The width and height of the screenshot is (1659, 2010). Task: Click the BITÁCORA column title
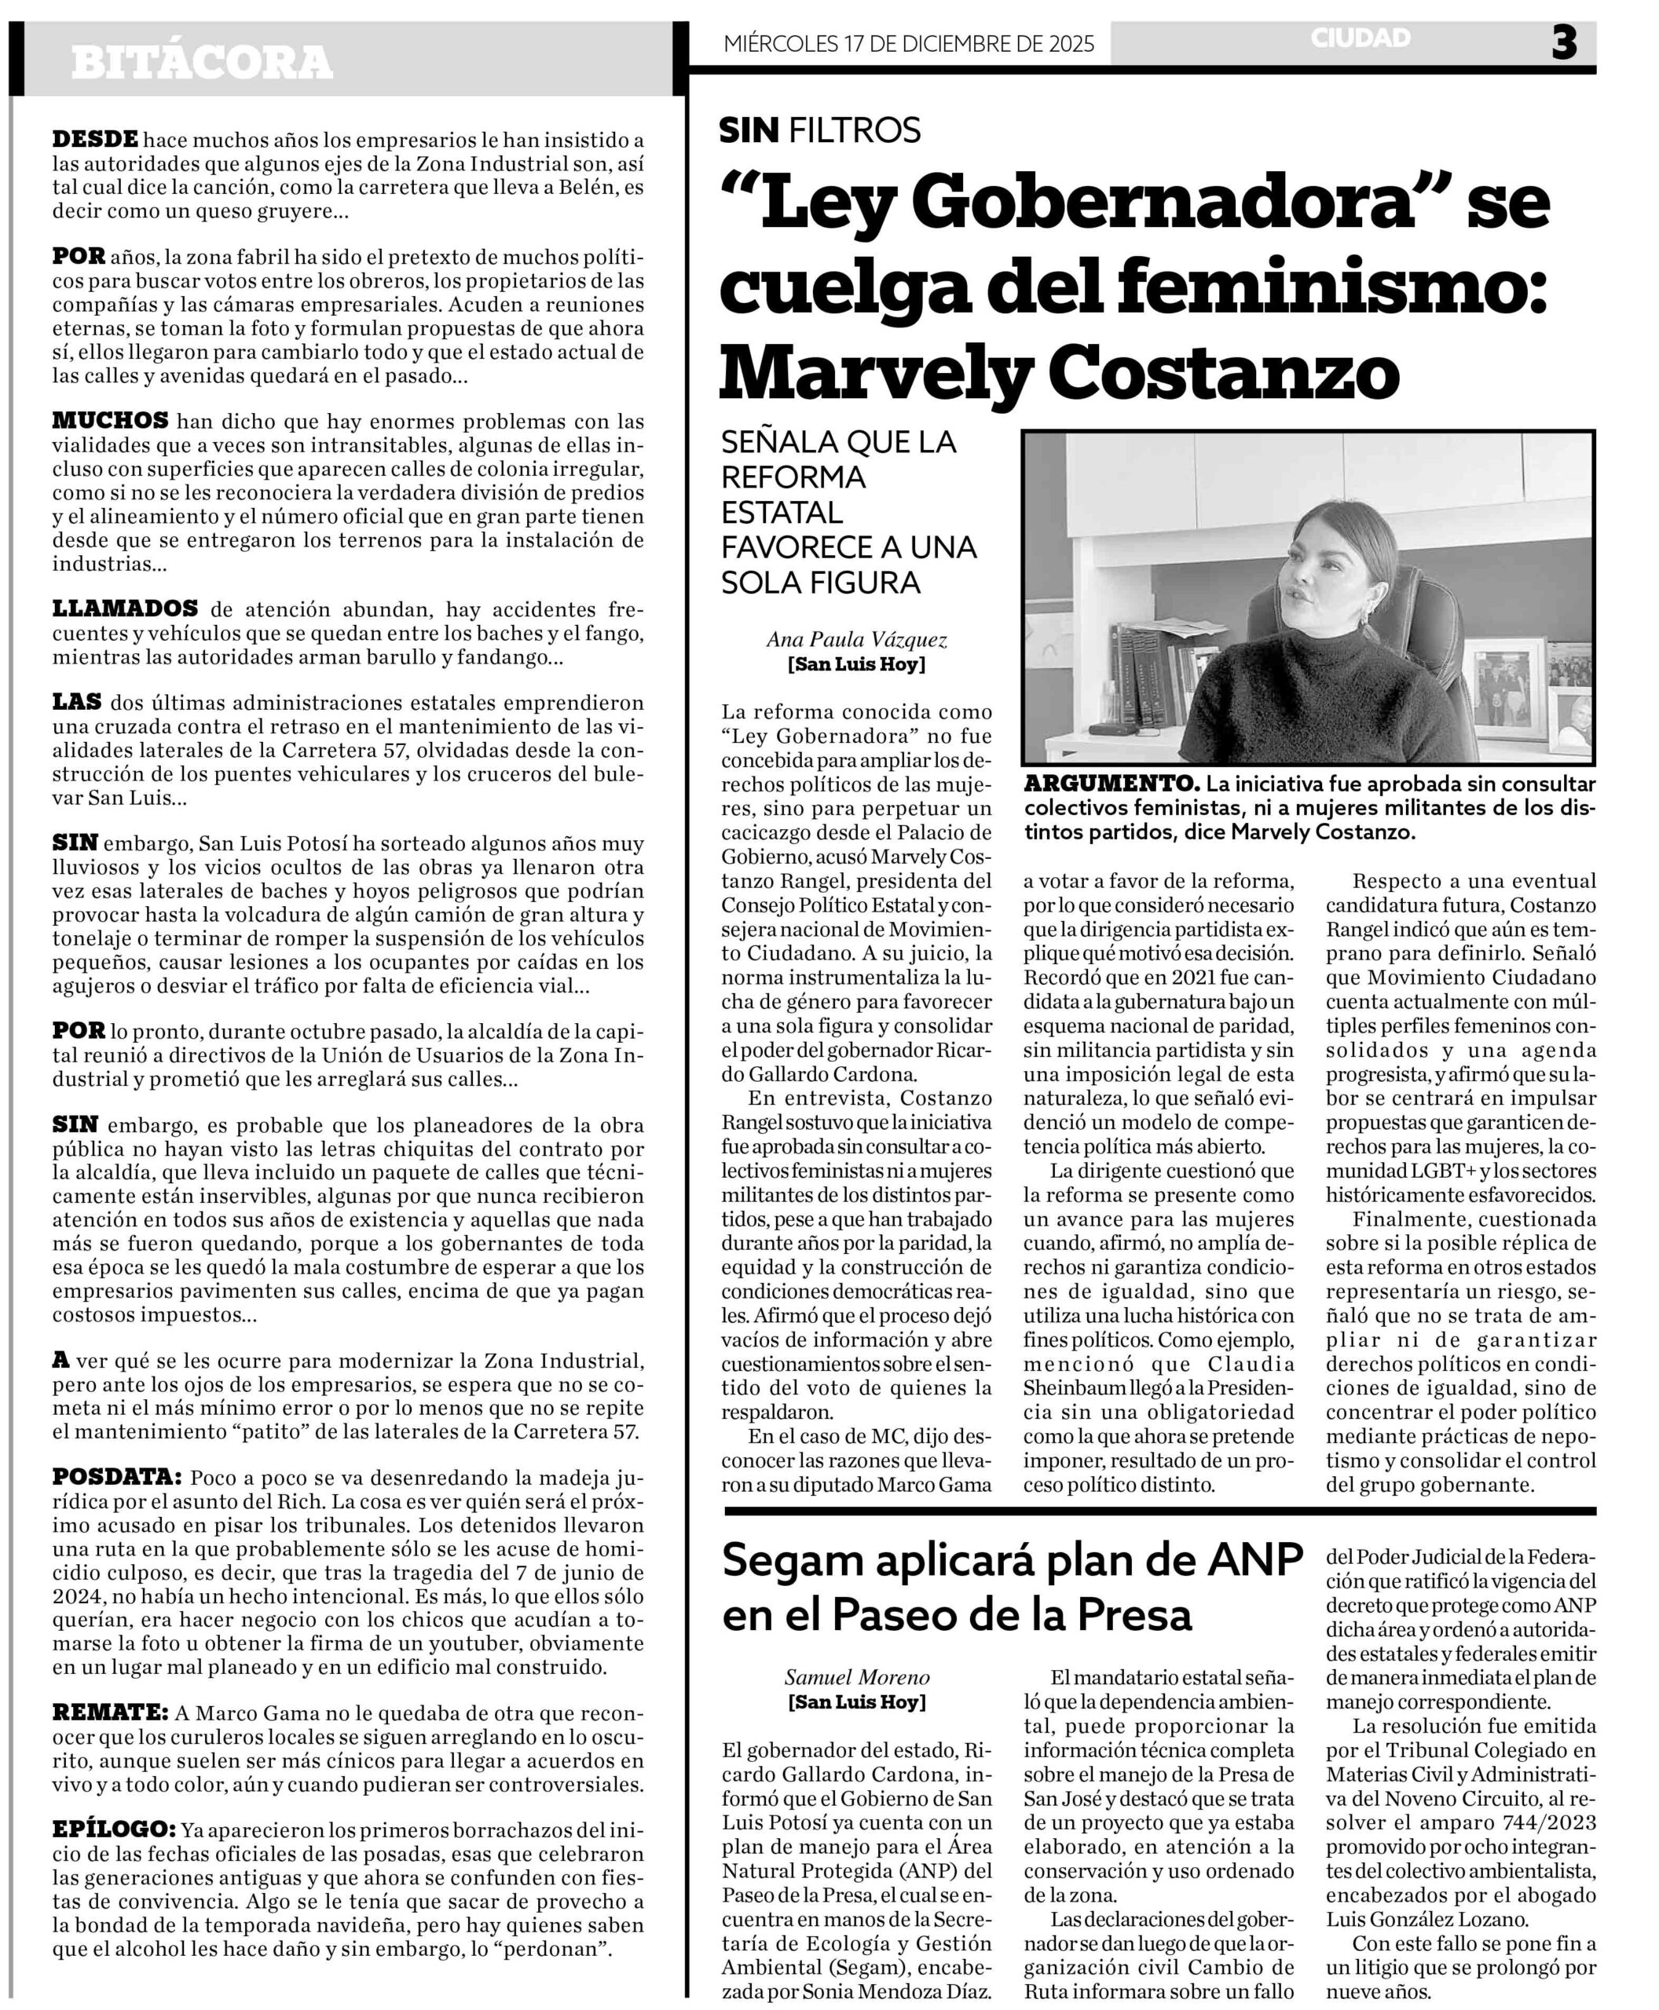[202, 63]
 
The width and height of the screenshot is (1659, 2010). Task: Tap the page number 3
[1563, 43]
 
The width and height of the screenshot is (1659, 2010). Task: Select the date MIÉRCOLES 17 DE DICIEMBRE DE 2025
[909, 44]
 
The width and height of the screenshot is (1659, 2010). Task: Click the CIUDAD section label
[1360, 38]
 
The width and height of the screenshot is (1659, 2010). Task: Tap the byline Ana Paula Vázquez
[856, 640]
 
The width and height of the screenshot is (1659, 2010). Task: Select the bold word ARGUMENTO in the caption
[1111, 784]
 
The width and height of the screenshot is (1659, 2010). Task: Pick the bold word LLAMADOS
[125, 608]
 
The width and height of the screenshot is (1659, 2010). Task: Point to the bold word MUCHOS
[110, 420]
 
